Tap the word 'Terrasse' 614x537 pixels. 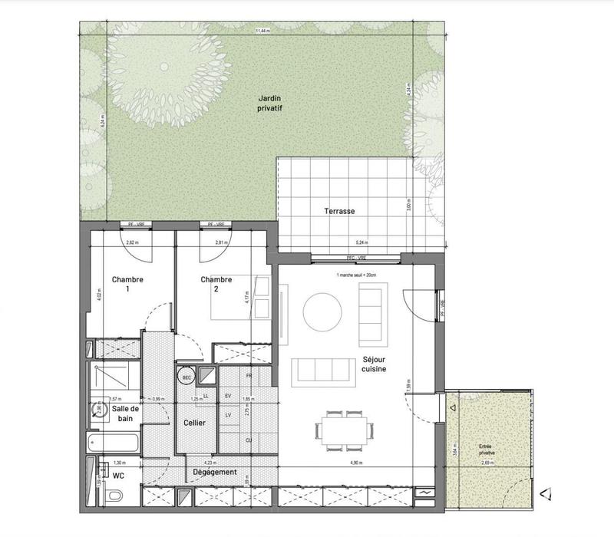coord(338,211)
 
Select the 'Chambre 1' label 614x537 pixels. coord(128,285)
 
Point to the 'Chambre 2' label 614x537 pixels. coord(216,285)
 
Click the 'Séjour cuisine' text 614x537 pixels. coord(373,364)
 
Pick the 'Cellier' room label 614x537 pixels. coord(194,423)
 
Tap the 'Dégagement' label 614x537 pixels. coord(215,472)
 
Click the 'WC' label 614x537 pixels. coord(118,476)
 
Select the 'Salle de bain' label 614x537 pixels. coord(126,414)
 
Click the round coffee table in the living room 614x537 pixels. coord(323,311)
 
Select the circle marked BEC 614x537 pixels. coord(186,377)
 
